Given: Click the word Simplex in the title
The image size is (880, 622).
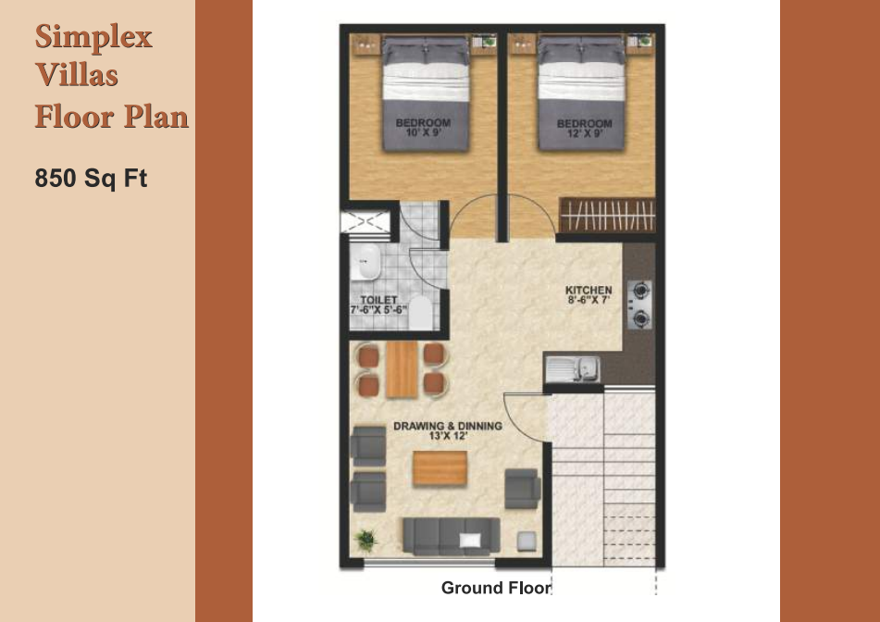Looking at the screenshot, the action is pyautogui.click(x=93, y=38).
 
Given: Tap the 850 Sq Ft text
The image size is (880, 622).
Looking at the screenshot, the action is pyautogui.click(x=91, y=178).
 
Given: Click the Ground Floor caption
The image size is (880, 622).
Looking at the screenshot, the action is pyautogui.click(x=496, y=588).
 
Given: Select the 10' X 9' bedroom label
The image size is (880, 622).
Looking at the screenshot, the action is pyautogui.click(x=423, y=128).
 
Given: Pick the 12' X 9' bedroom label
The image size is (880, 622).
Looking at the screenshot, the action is pyautogui.click(x=584, y=128).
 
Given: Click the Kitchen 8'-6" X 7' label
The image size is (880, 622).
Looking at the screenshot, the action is pyautogui.click(x=589, y=294).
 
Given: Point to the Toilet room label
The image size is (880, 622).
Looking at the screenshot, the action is pyautogui.click(x=378, y=305).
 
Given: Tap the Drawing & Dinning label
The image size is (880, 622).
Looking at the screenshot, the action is pyautogui.click(x=448, y=430).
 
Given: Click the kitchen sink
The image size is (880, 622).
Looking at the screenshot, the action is pyautogui.click(x=573, y=369).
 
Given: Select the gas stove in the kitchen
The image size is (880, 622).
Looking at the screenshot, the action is pyautogui.click(x=639, y=305).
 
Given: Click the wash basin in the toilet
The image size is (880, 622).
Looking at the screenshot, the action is pyautogui.click(x=366, y=262).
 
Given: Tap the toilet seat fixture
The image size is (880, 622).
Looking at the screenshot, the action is pyautogui.click(x=420, y=313).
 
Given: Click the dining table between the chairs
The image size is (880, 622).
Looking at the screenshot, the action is pyautogui.click(x=402, y=369).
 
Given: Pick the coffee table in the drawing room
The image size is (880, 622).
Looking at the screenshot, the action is pyautogui.click(x=440, y=467).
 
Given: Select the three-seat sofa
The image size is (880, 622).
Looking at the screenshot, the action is pyautogui.click(x=452, y=536).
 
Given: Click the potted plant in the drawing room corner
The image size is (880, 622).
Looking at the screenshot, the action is pyautogui.click(x=366, y=540).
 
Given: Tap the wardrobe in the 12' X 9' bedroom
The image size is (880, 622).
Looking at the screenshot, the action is pyautogui.click(x=607, y=215).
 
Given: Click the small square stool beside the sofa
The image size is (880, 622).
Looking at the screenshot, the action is pyautogui.click(x=526, y=540).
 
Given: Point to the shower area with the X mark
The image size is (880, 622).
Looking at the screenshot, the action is pyautogui.click(x=366, y=222).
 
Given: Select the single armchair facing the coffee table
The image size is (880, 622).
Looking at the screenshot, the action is pyautogui.click(x=522, y=489).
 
